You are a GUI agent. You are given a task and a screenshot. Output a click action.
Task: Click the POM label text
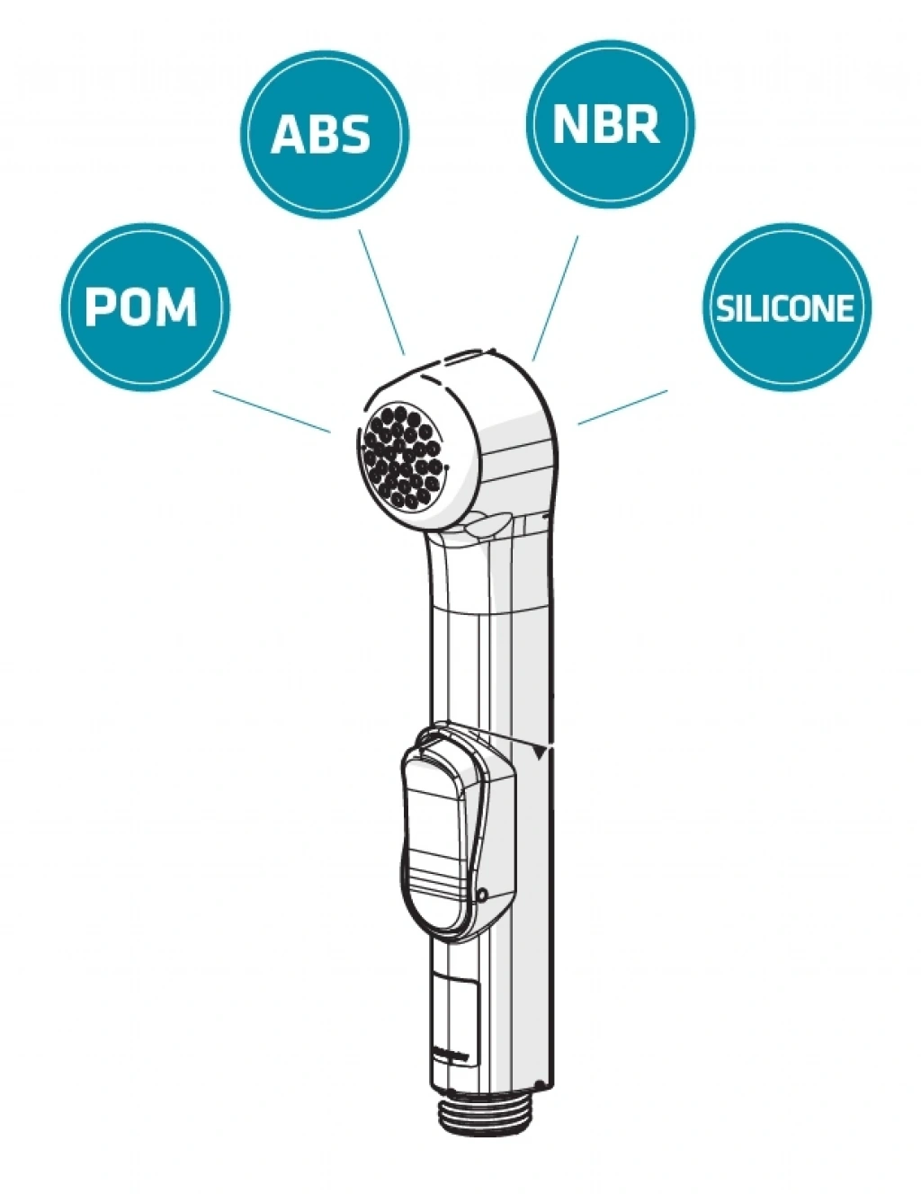[141, 307]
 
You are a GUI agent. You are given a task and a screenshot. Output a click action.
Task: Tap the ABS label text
[321, 134]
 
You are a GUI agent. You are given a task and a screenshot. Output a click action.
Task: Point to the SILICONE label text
[784, 308]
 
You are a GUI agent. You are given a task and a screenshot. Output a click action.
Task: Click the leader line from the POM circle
[271, 411]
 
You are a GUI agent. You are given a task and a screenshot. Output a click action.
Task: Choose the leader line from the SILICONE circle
[622, 406]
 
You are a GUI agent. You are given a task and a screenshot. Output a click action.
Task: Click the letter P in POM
[101, 307]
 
